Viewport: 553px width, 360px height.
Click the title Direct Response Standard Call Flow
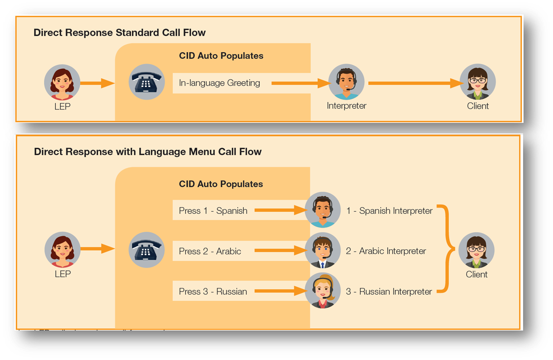pyautogui.click(x=120, y=33)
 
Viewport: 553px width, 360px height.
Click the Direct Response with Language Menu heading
pyautogui.click(x=148, y=151)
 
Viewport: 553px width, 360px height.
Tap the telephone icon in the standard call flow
pyautogui.click(x=146, y=82)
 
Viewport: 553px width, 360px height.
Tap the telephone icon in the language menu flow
pyautogui.click(x=146, y=249)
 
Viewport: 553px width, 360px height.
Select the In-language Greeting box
pyautogui.click(x=220, y=83)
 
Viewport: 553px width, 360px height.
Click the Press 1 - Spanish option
pyautogui.click(x=213, y=210)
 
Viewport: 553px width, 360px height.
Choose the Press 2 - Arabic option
pyautogui.click(x=210, y=251)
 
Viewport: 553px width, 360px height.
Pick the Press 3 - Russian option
pyautogui.click(x=213, y=291)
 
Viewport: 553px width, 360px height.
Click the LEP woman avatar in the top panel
pyautogui.click(x=62, y=82)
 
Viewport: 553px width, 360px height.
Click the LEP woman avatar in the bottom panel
pyautogui.click(x=62, y=249)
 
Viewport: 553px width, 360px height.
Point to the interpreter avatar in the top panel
pyautogui.click(x=346, y=82)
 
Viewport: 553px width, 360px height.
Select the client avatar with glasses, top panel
pyautogui.click(x=478, y=82)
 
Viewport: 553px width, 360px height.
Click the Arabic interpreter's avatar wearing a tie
pyautogui.click(x=323, y=250)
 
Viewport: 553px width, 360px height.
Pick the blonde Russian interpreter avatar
pyautogui.click(x=323, y=291)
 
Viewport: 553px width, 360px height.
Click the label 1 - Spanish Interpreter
pyautogui.click(x=389, y=210)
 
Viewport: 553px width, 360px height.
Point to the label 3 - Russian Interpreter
pyautogui.click(x=389, y=292)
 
